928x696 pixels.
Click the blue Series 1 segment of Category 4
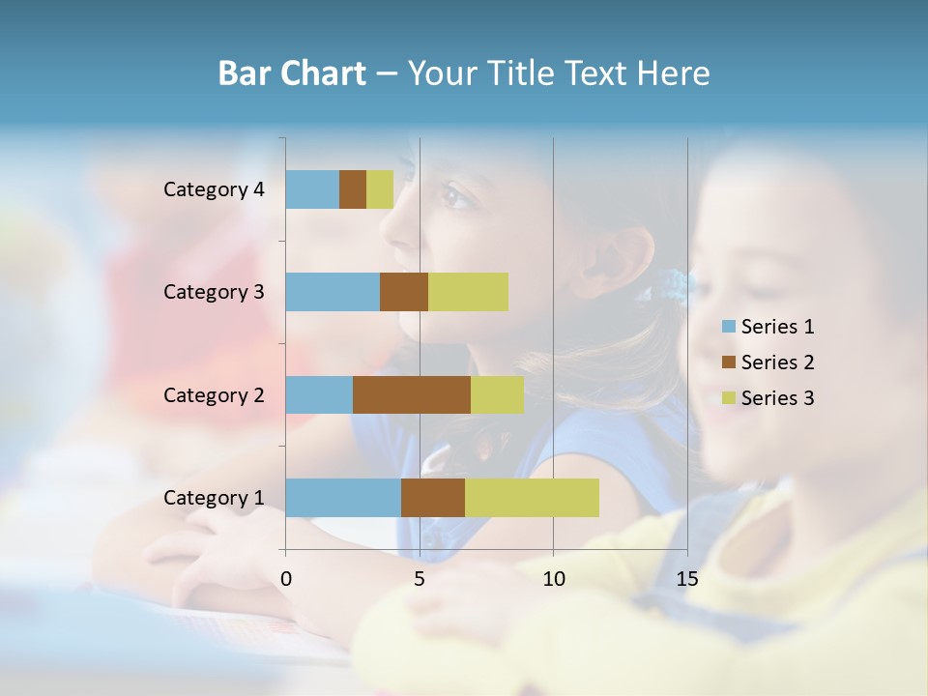pos(312,189)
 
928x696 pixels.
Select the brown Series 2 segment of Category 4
pos(353,189)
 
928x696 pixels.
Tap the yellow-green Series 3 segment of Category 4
pos(380,189)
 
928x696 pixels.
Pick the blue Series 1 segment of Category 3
pos(333,292)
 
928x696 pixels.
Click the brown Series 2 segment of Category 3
pos(404,292)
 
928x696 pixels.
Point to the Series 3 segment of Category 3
pos(468,292)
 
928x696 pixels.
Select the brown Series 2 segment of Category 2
pos(412,394)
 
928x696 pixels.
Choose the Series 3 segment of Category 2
pos(497,394)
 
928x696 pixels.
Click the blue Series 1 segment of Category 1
pos(343,498)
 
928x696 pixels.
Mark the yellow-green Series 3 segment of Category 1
pos(532,498)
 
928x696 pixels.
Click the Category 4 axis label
pos(214,189)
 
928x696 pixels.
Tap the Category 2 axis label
pos(214,395)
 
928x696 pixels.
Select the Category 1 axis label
pos(214,498)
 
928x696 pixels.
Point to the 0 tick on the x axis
pos(286,579)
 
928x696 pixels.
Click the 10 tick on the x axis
pos(553,579)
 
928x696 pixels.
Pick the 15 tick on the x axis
pos(686,579)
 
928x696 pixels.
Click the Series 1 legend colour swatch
pos(728,327)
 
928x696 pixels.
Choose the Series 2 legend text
pos(778,362)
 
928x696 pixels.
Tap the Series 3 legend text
pos(778,398)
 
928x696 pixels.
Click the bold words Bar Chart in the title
pos(292,73)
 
